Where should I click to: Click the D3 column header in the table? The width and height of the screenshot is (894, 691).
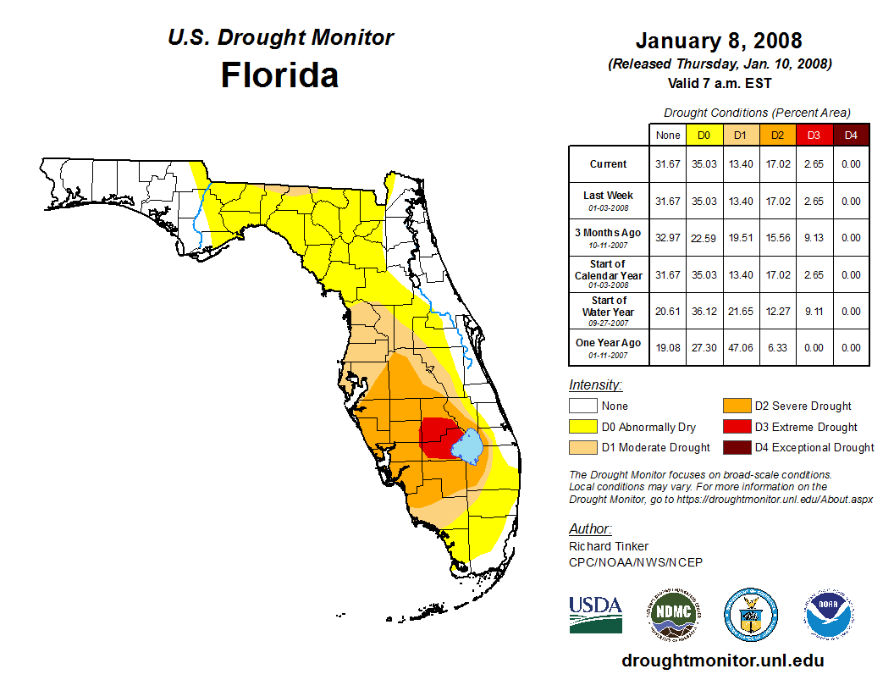point(814,135)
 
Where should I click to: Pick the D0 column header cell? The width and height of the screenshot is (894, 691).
point(704,135)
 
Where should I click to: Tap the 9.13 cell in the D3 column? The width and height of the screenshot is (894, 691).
point(814,238)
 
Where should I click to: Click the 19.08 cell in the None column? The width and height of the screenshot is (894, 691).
point(668,348)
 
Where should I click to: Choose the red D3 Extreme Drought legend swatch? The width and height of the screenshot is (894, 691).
point(737,427)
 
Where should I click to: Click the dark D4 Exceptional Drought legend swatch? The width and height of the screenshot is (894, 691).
point(737,447)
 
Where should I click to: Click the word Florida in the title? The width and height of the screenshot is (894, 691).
point(279,75)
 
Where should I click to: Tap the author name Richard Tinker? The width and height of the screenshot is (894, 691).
point(609,546)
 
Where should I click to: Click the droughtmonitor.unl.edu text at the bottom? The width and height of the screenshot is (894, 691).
point(722,661)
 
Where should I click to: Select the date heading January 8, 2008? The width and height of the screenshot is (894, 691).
point(719,41)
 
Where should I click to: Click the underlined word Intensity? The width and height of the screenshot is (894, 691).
point(595,385)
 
